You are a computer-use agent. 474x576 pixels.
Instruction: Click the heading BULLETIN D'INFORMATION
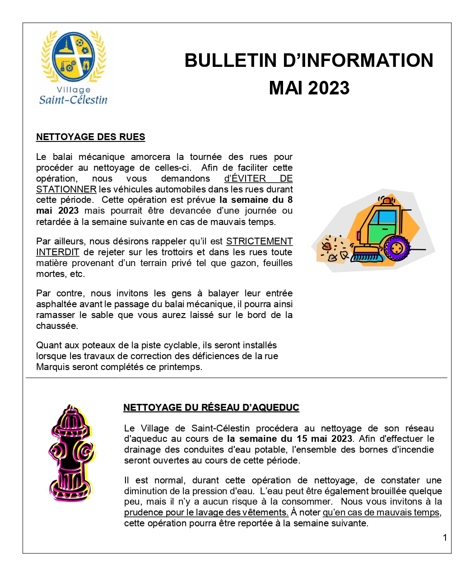[309, 61]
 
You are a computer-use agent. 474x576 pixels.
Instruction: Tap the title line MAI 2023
[309, 88]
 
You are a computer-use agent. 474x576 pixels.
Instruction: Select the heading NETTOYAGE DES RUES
[91, 137]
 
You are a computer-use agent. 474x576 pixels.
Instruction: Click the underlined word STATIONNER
[66, 189]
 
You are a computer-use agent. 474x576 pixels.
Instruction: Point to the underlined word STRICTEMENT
[259, 241]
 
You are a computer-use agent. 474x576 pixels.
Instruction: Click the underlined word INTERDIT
[58, 252]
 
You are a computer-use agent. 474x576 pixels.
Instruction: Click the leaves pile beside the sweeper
[333, 249]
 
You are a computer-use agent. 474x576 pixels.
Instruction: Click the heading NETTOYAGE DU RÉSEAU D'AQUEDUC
[211, 407]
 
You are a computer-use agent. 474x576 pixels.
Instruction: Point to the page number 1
[445, 538]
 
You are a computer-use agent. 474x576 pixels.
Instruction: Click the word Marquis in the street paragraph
[52, 367]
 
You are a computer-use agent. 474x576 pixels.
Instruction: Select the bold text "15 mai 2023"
[324, 439]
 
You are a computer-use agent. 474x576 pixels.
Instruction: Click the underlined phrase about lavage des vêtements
[206, 512]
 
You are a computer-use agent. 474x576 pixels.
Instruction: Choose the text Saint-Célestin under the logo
[73, 99]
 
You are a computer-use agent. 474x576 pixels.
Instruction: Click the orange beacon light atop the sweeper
[386, 200]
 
